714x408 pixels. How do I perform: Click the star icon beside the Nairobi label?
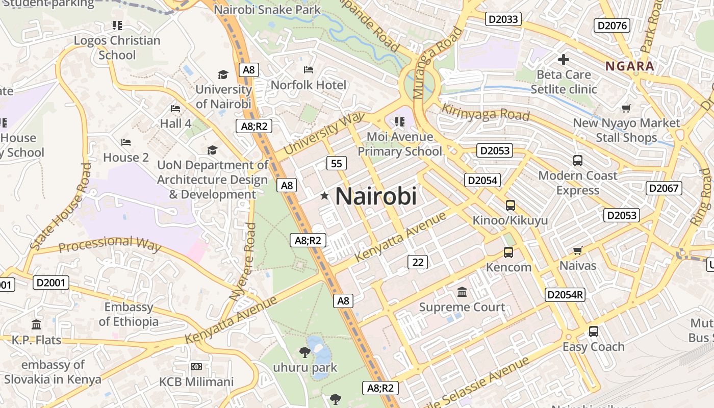[x=324, y=196]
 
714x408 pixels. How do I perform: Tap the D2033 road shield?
[x=503, y=19]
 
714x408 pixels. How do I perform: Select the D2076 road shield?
[x=613, y=25]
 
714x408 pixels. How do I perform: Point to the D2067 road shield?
[x=664, y=188]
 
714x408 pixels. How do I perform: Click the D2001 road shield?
[x=51, y=282]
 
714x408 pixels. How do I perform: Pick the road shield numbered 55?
[x=336, y=163]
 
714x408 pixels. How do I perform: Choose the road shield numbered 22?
[x=418, y=262]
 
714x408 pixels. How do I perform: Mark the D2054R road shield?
[x=565, y=294]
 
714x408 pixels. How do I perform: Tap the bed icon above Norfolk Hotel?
[x=309, y=70]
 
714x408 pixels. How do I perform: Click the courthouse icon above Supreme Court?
[x=462, y=292]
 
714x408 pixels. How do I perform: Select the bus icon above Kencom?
[x=508, y=252]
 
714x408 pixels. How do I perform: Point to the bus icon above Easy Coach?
[x=593, y=331]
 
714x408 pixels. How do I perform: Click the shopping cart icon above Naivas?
[x=577, y=250]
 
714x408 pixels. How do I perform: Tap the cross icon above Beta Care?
[x=564, y=60]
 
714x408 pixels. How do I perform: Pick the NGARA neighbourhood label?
[x=629, y=66]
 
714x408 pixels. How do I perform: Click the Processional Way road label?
[x=110, y=244]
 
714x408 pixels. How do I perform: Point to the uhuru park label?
[x=305, y=367]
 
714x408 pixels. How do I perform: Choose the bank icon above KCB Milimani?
[x=196, y=367]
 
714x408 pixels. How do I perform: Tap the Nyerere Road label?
[x=243, y=261]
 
